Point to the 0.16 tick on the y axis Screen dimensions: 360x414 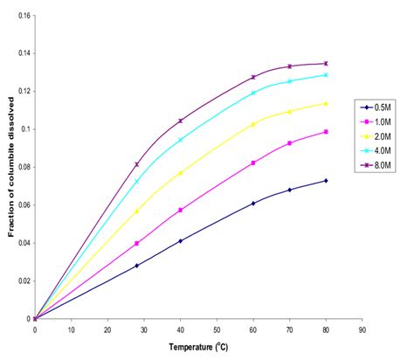pos(20,16)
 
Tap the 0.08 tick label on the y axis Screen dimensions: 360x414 pos(20,167)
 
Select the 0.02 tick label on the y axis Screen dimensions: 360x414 pos(20,280)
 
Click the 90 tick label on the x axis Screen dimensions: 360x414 pos(362,329)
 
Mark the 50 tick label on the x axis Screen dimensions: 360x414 pos(217,329)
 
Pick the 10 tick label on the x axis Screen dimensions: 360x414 pos(71,329)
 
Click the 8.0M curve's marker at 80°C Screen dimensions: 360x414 pos(326,63)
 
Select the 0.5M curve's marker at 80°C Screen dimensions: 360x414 pos(326,181)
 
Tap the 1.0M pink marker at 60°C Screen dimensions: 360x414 pos(253,163)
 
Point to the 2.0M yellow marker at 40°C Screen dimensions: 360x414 pos(181,173)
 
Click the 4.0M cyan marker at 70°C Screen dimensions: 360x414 pos(289,81)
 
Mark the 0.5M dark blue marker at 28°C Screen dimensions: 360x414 pos(137,266)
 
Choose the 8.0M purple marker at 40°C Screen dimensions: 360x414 pos(181,121)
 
